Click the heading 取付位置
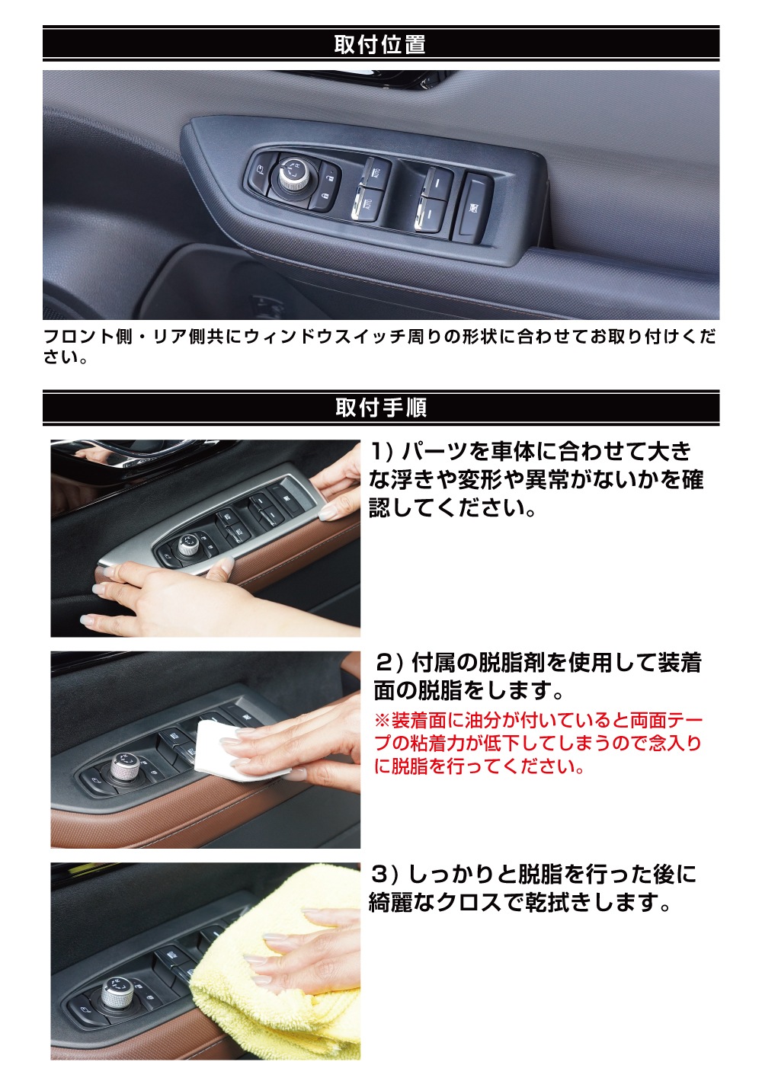(x=380, y=43)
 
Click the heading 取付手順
(x=381, y=408)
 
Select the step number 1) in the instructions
(x=383, y=452)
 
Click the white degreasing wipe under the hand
(x=226, y=750)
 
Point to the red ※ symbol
(x=382, y=721)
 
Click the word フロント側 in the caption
(x=88, y=337)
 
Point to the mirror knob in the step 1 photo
(x=187, y=545)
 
